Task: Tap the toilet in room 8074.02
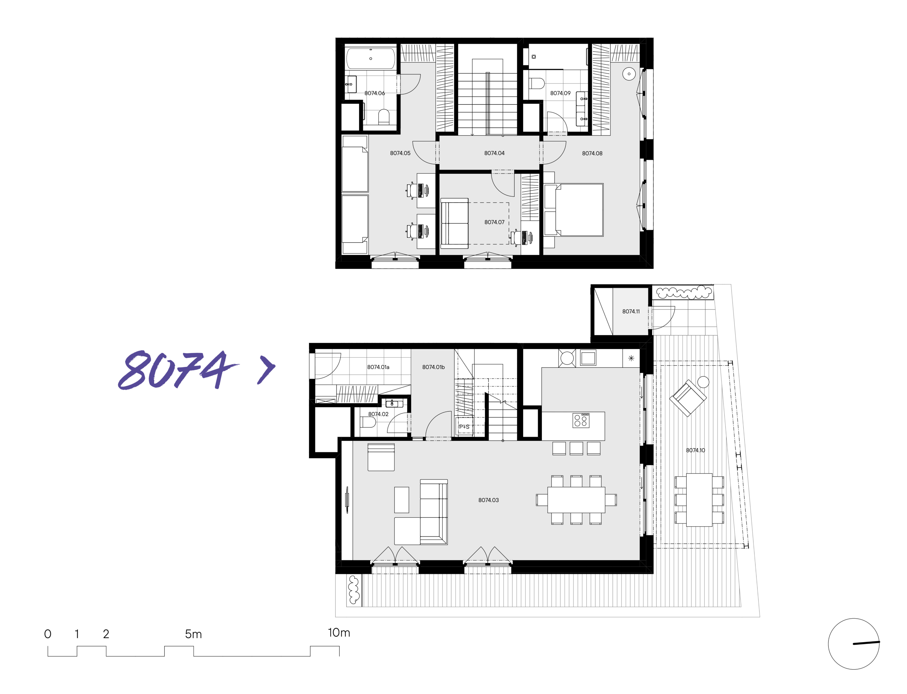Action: (368, 422)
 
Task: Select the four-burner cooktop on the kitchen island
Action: (581, 420)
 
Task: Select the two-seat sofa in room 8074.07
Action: (455, 224)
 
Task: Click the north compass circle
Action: (854, 644)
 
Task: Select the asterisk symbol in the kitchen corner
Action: (631, 358)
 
